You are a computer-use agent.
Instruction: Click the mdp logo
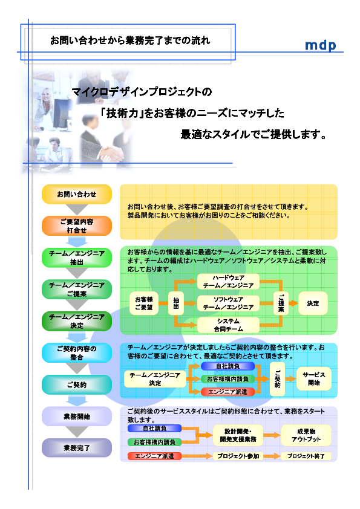[x=320, y=45]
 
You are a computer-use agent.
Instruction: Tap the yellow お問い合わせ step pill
[x=77, y=194]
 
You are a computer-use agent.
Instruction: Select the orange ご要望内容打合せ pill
[x=77, y=226]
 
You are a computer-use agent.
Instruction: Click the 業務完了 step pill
[x=77, y=448]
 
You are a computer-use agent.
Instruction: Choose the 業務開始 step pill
[x=77, y=417]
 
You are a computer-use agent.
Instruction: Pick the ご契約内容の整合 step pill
[x=77, y=353]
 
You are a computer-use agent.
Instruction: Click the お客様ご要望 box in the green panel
[x=144, y=303]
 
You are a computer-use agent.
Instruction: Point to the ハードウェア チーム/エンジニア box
[x=229, y=282]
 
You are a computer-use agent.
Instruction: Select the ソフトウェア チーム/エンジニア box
[x=229, y=303]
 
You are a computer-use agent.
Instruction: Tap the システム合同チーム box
[x=229, y=325]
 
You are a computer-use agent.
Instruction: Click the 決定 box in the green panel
[x=313, y=303]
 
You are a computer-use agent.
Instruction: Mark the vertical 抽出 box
[x=176, y=303]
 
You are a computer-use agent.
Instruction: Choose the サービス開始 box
[x=314, y=379]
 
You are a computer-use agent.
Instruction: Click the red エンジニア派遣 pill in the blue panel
[x=227, y=392]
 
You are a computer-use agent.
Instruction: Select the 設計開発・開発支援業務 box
[x=238, y=435]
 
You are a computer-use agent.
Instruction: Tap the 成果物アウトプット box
[x=306, y=435]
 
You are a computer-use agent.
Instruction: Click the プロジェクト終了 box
[x=306, y=456]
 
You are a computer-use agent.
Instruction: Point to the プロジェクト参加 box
[x=238, y=456]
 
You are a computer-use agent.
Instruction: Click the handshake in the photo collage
[x=111, y=152]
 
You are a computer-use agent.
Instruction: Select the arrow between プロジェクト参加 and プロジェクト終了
[x=272, y=456]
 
